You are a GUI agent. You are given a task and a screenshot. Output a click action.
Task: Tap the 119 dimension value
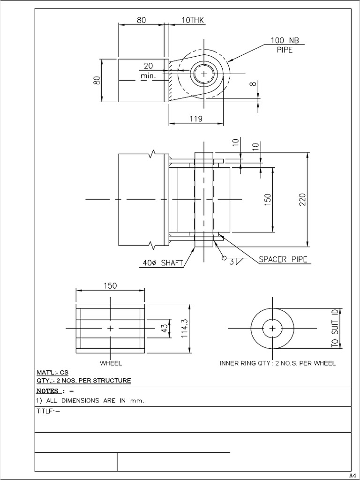196,119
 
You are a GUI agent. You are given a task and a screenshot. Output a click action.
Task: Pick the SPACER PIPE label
283,259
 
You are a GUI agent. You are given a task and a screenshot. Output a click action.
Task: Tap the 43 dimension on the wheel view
164,329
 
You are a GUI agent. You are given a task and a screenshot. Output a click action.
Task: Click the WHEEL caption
111,363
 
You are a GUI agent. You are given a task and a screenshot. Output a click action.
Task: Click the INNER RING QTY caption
277,363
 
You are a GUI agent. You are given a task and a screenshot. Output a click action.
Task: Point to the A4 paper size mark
353,474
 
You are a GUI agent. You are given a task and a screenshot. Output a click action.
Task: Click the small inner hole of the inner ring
272,329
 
